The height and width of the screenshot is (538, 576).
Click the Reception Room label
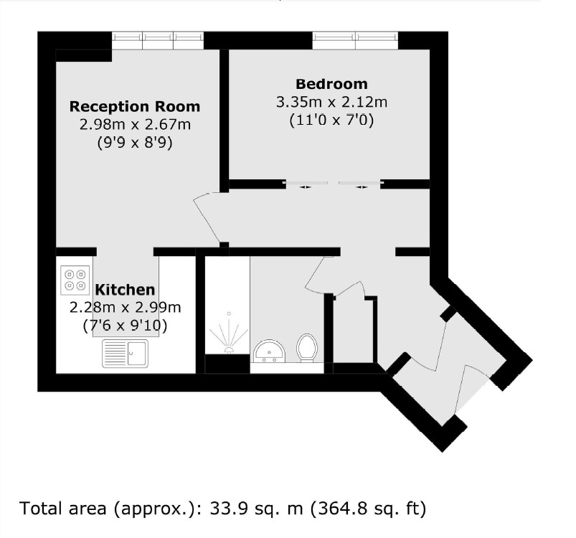[134, 107]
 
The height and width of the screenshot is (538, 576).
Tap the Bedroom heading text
[331, 84]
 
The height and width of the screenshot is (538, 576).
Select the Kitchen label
[126, 290]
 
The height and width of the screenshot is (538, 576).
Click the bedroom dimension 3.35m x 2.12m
[331, 103]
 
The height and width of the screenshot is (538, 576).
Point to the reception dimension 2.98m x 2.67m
[134, 125]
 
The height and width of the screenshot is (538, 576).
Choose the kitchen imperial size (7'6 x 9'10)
[126, 324]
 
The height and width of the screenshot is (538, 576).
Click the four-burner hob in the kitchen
[75, 279]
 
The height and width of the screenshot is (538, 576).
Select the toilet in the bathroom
[308, 347]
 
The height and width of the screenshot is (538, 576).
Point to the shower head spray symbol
[229, 334]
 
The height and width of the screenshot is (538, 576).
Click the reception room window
[158, 41]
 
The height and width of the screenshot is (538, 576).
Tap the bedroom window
[355, 41]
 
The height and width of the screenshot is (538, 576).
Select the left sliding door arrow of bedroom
[306, 187]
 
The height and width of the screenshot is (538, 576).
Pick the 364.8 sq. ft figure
[367, 509]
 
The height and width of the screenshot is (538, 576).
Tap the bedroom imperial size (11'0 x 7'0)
[331, 121]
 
